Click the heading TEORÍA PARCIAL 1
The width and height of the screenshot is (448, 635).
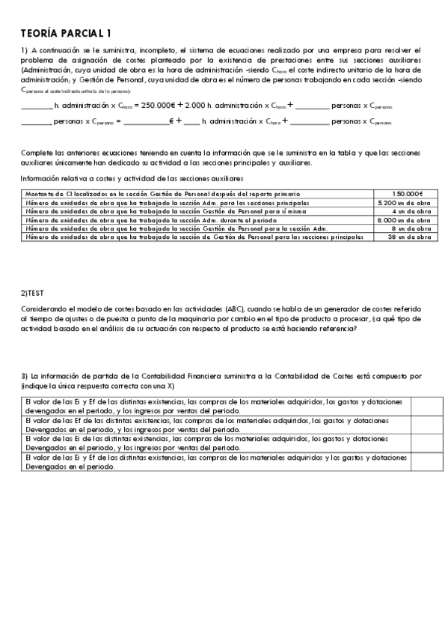coord(66,33)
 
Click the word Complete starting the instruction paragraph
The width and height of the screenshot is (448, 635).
coord(35,152)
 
